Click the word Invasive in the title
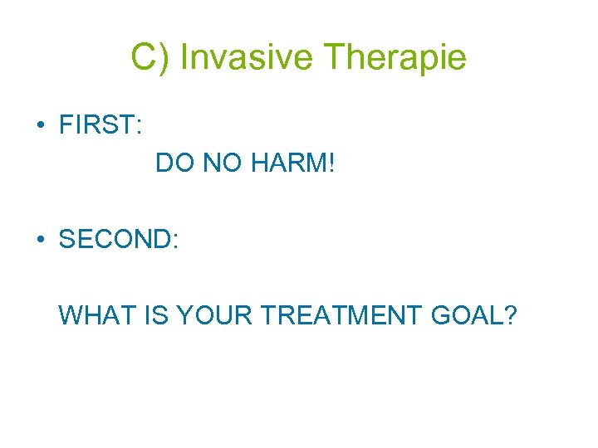click(x=247, y=58)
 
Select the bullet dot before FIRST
click(x=40, y=126)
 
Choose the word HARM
click(x=287, y=163)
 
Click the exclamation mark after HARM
click(x=331, y=163)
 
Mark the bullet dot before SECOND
click(x=40, y=240)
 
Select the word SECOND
click(x=114, y=240)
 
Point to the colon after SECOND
click(x=174, y=241)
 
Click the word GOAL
click(x=468, y=315)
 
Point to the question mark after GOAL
click(x=509, y=315)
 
